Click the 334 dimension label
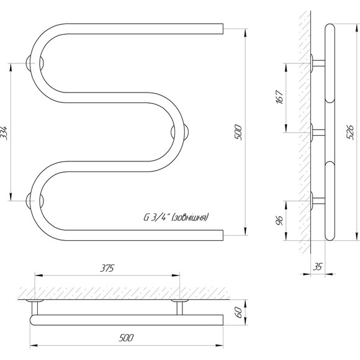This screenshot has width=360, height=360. click(x=4, y=133)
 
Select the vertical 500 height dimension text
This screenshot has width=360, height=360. click(x=238, y=132)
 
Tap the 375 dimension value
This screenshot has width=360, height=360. click(x=107, y=268)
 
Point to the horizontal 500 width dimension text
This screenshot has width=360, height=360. click(x=126, y=338)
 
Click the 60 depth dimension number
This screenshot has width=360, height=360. click(x=239, y=312)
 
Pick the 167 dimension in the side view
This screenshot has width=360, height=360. click(x=280, y=97)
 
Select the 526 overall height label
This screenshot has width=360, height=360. click(x=350, y=132)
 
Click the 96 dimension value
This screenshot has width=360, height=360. click(x=280, y=220)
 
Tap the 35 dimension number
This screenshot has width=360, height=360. click(x=318, y=267)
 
